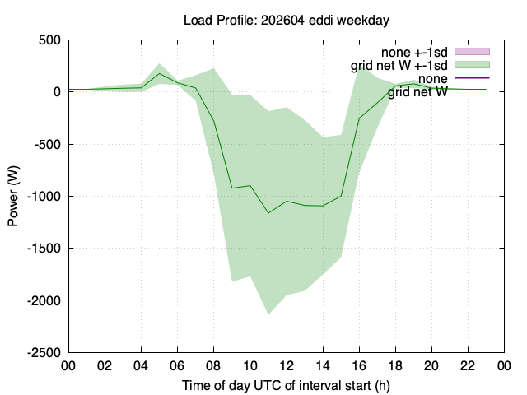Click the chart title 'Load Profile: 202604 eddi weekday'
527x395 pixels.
(x=287, y=20)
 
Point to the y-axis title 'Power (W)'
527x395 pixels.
(x=13, y=196)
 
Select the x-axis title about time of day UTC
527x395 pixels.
(x=286, y=386)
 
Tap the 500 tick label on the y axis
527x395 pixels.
(x=49, y=40)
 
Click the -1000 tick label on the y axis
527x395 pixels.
(x=44, y=196)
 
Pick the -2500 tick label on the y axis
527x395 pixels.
(x=44, y=353)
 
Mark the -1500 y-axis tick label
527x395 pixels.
(x=44, y=249)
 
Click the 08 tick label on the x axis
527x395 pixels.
(x=213, y=365)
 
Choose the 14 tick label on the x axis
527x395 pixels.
(x=323, y=365)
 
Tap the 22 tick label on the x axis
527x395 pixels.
(x=468, y=365)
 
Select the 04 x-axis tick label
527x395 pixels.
(x=141, y=365)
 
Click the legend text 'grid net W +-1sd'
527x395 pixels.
(x=399, y=65)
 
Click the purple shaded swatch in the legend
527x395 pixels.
(x=472, y=51)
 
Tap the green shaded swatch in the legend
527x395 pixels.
(x=472, y=64)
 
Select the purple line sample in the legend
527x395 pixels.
(x=472, y=78)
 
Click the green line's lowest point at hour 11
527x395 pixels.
(x=268, y=213)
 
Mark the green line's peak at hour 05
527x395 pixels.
(x=159, y=73)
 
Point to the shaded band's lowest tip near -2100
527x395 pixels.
(x=268, y=314)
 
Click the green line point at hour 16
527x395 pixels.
(x=359, y=118)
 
